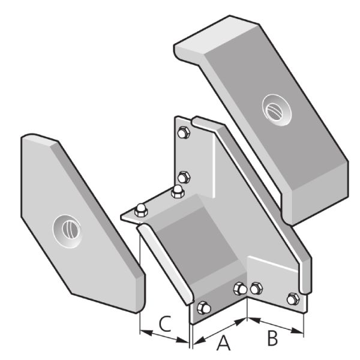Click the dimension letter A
pyautogui.click(x=223, y=343)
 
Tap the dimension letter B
pyautogui.click(x=272, y=338)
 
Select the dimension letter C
pyautogui.click(x=166, y=324)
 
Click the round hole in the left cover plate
pyautogui.click(x=67, y=232)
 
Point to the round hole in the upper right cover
pyautogui.click(x=277, y=110)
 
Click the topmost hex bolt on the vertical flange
pyautogui.click(x=184, y=133)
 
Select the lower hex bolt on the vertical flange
pyautogui.click(x=184, y=177)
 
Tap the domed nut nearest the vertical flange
pyautogui.click(x=178, y=191)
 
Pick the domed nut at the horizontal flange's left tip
pyautogui.click(x=141, y=210)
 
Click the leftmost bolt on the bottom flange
pyautogui.click(x=203, y=308)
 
